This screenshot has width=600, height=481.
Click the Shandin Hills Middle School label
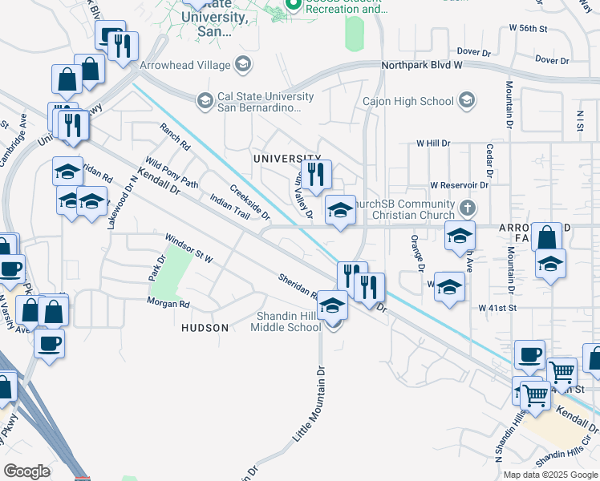click(x=286, y=321)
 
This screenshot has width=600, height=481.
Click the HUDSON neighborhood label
click(x=205, y=328)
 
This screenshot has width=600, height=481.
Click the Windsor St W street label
click(x=189, y=249)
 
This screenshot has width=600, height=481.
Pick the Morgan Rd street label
click(x=168, y=304)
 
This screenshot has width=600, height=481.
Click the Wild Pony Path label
click(x=171, y=172)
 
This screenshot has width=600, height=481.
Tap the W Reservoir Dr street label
click(x=459, y=185)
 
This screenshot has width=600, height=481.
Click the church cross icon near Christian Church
click(x=468, y=209)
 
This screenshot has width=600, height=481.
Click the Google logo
click(x=27, y=471)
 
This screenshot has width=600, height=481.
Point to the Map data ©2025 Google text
click(x=550, y=475)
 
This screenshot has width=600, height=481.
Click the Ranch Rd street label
click(x=174, y=136)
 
